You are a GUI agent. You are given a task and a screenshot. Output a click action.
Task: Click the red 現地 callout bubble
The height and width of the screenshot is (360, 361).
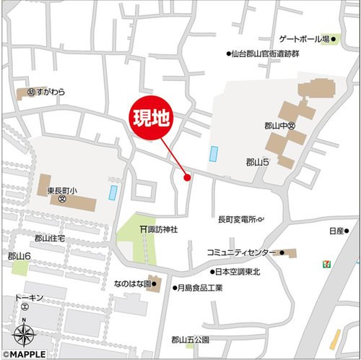151,116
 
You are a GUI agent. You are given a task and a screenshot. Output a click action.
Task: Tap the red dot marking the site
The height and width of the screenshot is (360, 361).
186,177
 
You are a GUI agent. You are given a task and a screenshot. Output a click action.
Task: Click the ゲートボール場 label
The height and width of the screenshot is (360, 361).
305,39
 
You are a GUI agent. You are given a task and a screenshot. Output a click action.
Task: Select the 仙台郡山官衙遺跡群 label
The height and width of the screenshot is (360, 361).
264,53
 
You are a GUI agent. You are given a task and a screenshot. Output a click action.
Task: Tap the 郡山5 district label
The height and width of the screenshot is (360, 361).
256,163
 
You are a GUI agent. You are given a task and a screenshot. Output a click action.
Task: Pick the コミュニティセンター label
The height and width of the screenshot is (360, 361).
240,252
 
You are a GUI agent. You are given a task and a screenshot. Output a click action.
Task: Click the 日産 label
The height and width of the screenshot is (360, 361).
336,231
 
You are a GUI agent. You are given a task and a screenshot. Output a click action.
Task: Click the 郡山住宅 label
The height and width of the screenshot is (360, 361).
50,238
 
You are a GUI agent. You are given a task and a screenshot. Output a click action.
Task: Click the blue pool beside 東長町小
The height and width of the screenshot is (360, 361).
113,193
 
